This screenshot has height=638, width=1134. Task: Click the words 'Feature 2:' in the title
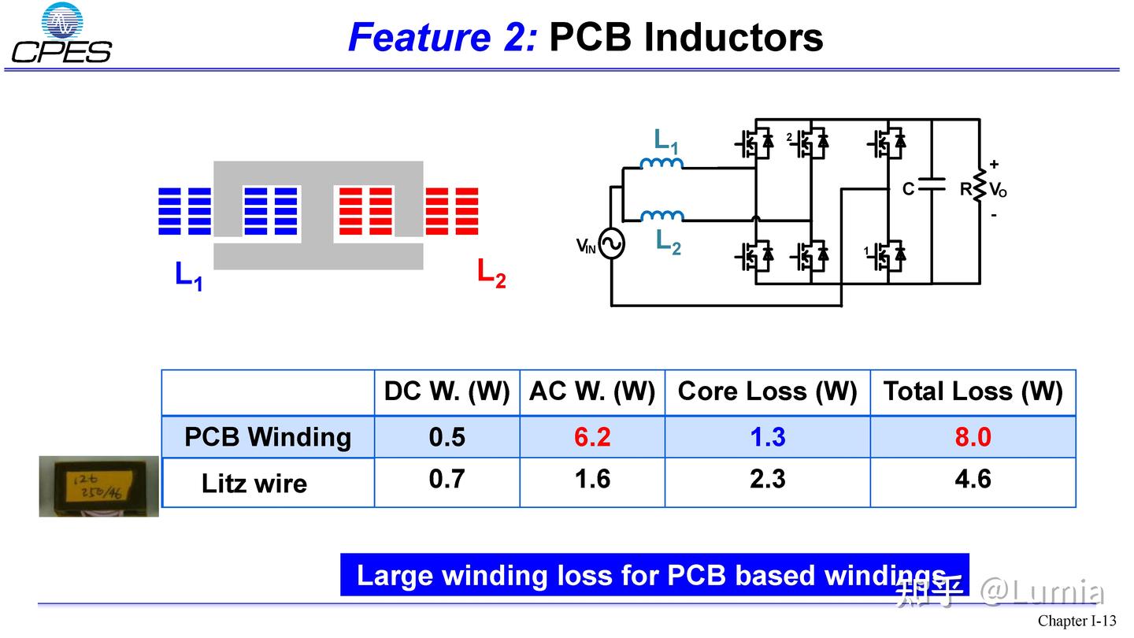[x=442, y=37]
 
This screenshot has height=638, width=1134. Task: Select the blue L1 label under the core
[x=188, y=276]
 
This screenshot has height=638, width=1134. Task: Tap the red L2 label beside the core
[x=491, y=273]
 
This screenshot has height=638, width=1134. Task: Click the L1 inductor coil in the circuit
[x=661, y=164]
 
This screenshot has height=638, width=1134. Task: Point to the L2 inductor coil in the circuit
[x=661, y=216]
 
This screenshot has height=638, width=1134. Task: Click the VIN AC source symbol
[x=611, y=244]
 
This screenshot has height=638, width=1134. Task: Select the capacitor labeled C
[x=932, y=185]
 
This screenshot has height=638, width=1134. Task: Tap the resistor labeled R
[x=980, y=186]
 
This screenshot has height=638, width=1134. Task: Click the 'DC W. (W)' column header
[x=447, y=391]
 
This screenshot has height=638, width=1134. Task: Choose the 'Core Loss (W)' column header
[x=767, y=391]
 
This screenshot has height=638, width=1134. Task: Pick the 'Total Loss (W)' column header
[x=973, y=391]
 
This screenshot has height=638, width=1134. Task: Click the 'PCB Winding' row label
[x=268, y=437]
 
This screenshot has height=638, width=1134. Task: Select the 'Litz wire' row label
[x=254, y=483]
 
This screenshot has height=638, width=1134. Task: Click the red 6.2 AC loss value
[x=592, y=437]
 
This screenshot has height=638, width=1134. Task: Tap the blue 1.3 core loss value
[x=767, y=437]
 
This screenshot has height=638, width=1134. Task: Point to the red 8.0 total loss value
[x=973, y=437]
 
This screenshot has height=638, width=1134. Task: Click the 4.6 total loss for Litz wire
[x=973, y=479]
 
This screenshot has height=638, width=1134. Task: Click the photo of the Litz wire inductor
[x=98, y=486]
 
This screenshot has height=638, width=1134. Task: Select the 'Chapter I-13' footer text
[x=1077, y=621]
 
